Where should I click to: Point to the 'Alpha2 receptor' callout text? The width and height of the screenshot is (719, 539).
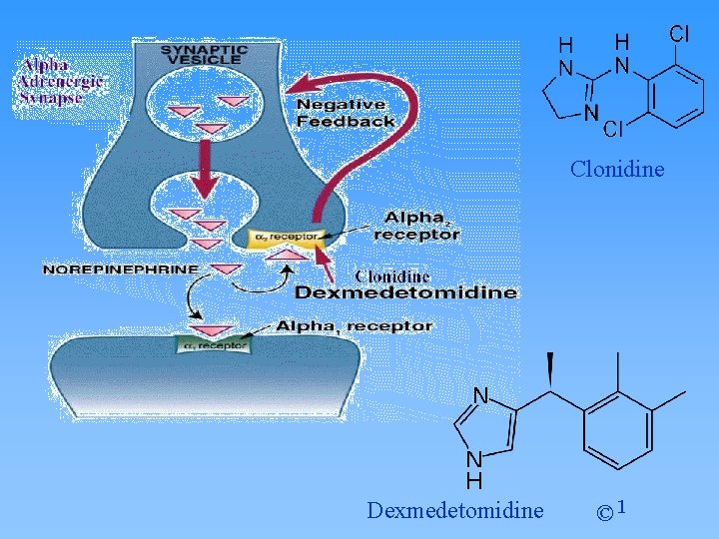[416, 226]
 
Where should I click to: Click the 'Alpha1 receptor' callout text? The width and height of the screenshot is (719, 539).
[355, 325]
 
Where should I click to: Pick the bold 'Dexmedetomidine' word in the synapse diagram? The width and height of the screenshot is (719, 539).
[406, 292]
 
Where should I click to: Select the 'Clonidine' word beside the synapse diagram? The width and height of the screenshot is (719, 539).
[392, 275]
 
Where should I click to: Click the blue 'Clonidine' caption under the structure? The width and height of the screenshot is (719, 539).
[617, 169]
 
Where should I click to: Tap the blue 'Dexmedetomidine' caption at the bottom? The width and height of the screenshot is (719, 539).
[455, 511]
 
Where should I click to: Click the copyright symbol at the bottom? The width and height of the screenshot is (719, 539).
[605, 513]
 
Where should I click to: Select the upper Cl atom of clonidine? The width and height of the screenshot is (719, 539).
[679, 33]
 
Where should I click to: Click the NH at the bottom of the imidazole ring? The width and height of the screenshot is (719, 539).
[475, 469]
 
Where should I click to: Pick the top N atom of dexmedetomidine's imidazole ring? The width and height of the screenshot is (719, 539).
[479, 395]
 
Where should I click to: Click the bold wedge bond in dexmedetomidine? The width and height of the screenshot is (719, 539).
[549, 373]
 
